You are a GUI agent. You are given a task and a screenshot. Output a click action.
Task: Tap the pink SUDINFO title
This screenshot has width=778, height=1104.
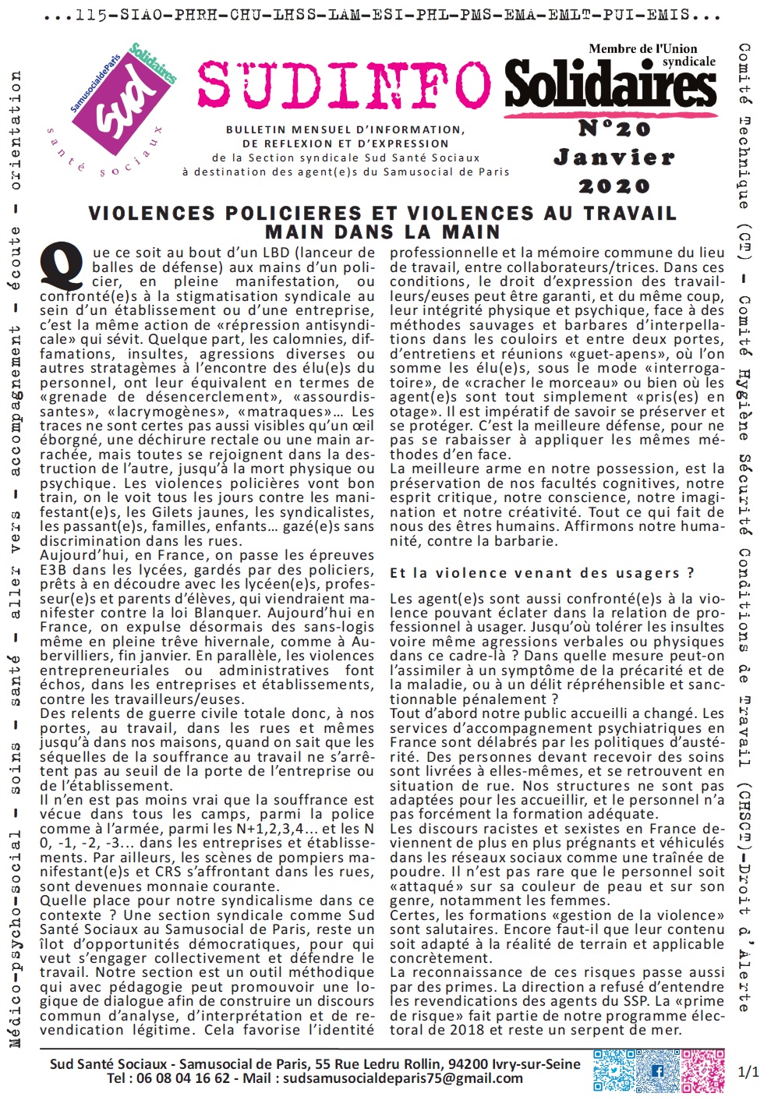point(344,84)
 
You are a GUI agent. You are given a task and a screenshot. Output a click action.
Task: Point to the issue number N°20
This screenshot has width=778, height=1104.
point(614,128)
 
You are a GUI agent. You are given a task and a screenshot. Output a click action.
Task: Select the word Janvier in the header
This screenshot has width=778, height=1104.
point(614,157)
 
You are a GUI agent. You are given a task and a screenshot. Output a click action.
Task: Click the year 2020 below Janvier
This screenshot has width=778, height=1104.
point(614,186)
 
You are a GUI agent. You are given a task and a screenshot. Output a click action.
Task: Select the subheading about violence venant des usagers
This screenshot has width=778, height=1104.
point(542,573)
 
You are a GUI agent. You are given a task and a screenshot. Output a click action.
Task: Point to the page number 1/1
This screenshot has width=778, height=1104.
point(748,1072)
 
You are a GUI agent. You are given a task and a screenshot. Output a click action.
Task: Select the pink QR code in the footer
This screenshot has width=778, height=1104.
point(703,1071)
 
